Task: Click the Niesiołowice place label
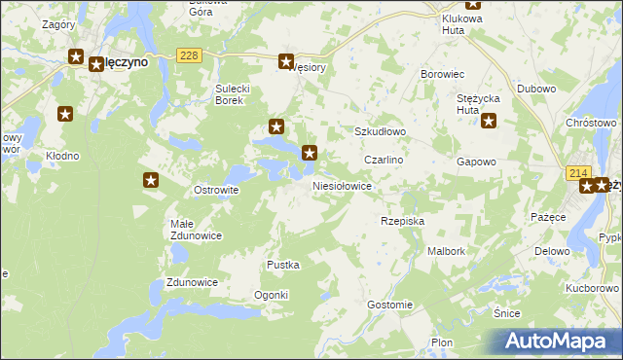tap(342, 185)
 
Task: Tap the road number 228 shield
tap(190, 55)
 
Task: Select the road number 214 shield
tap(578, 172)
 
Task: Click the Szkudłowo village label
tap(379, 131)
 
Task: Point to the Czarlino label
tap(384, 159)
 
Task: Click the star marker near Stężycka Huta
tap(489, 122)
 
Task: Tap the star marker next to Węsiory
tap(286, 60)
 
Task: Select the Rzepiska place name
tap(402, 221)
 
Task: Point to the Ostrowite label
tap(216, 190)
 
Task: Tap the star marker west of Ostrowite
tap(151, 179)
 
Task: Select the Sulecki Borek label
tap(236, 93)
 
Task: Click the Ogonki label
tap(271, 295)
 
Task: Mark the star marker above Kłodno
tap(65, 115)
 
